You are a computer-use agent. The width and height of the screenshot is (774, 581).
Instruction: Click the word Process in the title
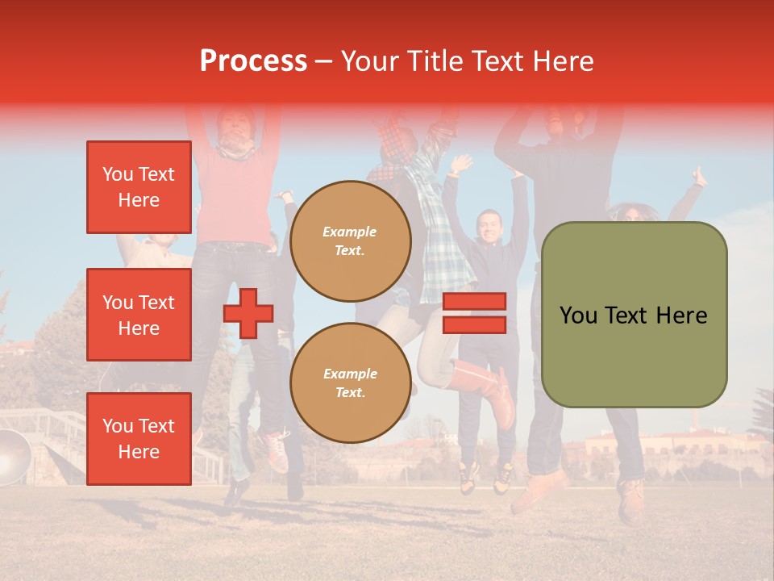[253, 61]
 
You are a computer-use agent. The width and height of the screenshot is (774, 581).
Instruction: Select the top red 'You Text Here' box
[139, 187]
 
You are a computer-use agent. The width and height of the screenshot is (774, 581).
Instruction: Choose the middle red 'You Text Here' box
[139, 315]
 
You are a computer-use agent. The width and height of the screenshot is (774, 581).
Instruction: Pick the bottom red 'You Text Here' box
[139, 438]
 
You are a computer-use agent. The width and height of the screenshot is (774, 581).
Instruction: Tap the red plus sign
[248, 314]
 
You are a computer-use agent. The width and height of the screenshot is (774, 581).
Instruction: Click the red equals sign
[474, 313]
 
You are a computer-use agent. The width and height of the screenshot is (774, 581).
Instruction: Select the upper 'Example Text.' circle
[350, 240]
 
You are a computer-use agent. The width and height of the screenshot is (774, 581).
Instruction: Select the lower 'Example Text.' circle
[350, 382]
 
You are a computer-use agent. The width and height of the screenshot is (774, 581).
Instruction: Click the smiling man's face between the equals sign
[489, 227]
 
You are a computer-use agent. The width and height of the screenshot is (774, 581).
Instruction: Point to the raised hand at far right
[698, 176]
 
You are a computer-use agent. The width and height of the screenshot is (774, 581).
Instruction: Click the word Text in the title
[501, 61]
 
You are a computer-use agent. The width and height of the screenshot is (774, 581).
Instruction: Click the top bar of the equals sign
[474, 302]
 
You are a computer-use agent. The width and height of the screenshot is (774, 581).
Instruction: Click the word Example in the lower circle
[350, 374]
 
